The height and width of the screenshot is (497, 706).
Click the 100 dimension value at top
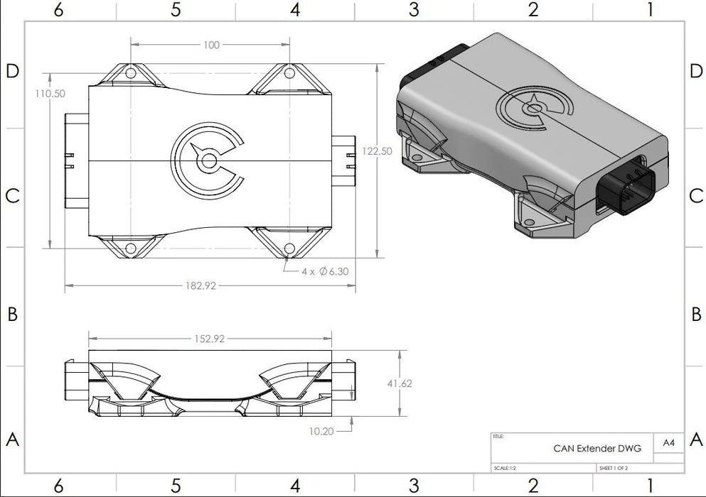pyautogui.click(x=211, y=45)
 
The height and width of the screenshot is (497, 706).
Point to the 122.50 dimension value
pyautogui.click(x=377, y=151)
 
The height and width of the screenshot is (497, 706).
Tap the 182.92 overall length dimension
pyautogui.click(x=200, y=285)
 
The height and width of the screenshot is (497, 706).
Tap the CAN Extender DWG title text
pyautogui.click(x=597, y=448)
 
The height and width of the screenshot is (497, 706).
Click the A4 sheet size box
pyautogui.click(x=668, y=442)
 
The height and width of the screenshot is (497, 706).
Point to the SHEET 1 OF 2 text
pyautogui.click(x=614, y=468)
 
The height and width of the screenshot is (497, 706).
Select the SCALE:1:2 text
pyautogui.click(x=507, y=468)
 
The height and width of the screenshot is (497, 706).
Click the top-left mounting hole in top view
pyautogui.click(x=131, y=73)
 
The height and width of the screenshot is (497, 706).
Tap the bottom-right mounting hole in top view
pyautogui.click(x=289, y=248)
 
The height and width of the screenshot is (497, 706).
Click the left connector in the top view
pyautogui.click(x=75, y=161)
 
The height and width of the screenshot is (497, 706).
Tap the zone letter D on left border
pyautogui.click(x=11, y=71)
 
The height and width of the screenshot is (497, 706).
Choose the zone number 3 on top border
pyautogui.click(x=414, y=9)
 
